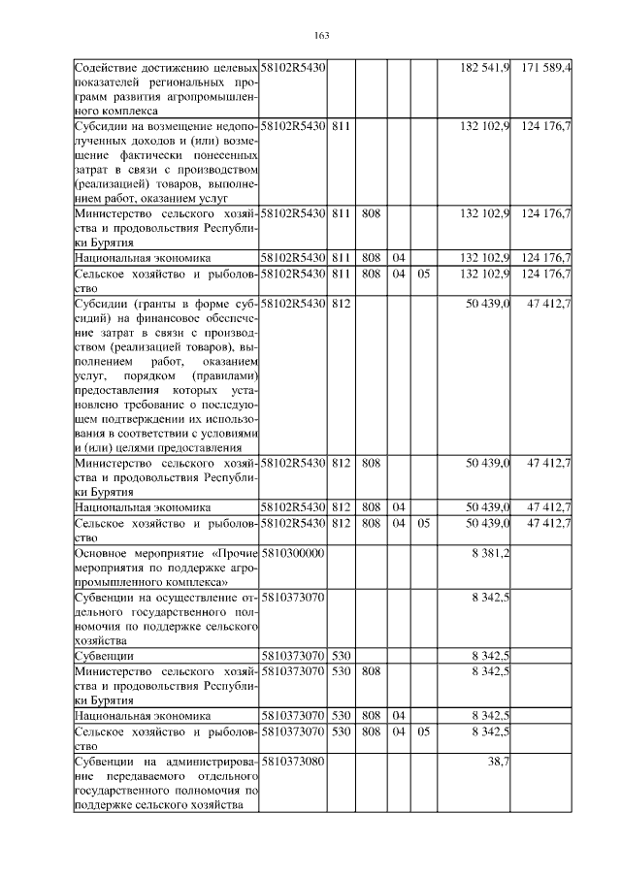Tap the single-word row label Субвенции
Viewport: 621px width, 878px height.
click(x=104, y=656)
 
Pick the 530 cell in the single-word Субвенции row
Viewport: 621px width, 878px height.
click(x=341, y=656)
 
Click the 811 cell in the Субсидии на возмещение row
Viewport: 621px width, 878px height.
click(x=341, y=126)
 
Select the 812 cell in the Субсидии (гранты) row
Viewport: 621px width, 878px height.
click(x=341, y=305)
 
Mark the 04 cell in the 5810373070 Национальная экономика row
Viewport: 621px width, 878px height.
click(x=398, y=716)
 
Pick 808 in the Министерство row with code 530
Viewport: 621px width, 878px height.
click(x=370, y=670)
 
